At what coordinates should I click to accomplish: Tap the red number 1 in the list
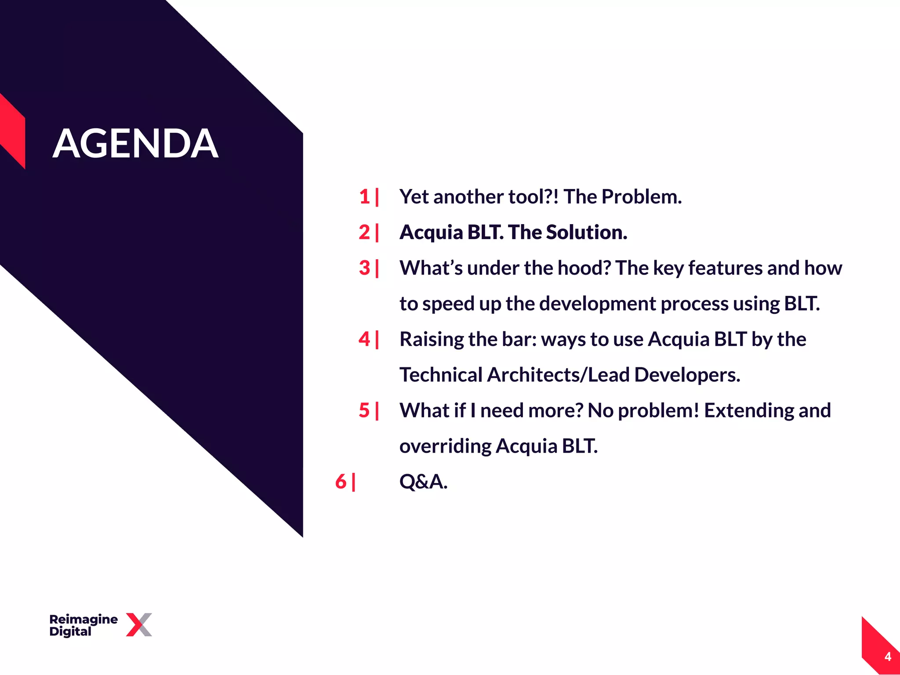[364, 196]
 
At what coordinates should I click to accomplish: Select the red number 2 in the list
[364, 232]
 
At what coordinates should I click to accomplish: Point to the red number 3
[364, 268]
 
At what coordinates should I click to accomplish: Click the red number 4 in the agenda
[364, 339]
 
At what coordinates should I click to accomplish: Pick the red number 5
[364, 410]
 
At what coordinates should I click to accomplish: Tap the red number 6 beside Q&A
[341, 481]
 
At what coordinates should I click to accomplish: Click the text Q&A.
[423, 482]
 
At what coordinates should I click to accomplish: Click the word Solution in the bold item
[586, 232]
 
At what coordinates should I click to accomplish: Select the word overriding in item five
[445, 446]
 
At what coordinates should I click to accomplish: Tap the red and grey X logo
[139, 624]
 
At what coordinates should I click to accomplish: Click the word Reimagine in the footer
[83, 619]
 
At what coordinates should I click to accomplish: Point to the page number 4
[888, 657]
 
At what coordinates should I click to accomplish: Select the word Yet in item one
[414, 196]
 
